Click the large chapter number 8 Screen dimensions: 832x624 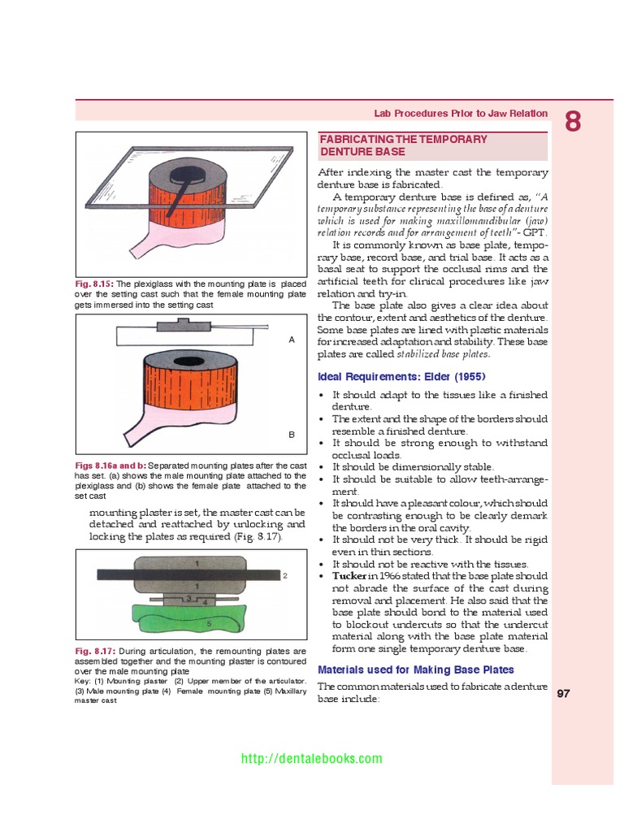coord(573,122)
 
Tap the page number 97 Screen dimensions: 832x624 coord(565,694)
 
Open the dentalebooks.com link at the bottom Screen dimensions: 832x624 coord(312,759)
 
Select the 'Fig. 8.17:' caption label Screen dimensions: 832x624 coord(94,652)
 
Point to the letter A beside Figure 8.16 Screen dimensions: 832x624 coord(292,340)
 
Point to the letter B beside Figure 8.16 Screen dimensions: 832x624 coord(292,435)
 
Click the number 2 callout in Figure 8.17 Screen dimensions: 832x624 coord(285,575)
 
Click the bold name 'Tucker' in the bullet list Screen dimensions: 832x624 coord(350,575)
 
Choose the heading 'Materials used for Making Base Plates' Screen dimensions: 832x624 coord(415,669)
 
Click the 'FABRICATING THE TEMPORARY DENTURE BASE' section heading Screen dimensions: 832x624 coord(403,145)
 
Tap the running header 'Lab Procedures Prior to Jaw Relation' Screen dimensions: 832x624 coord(460,114)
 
